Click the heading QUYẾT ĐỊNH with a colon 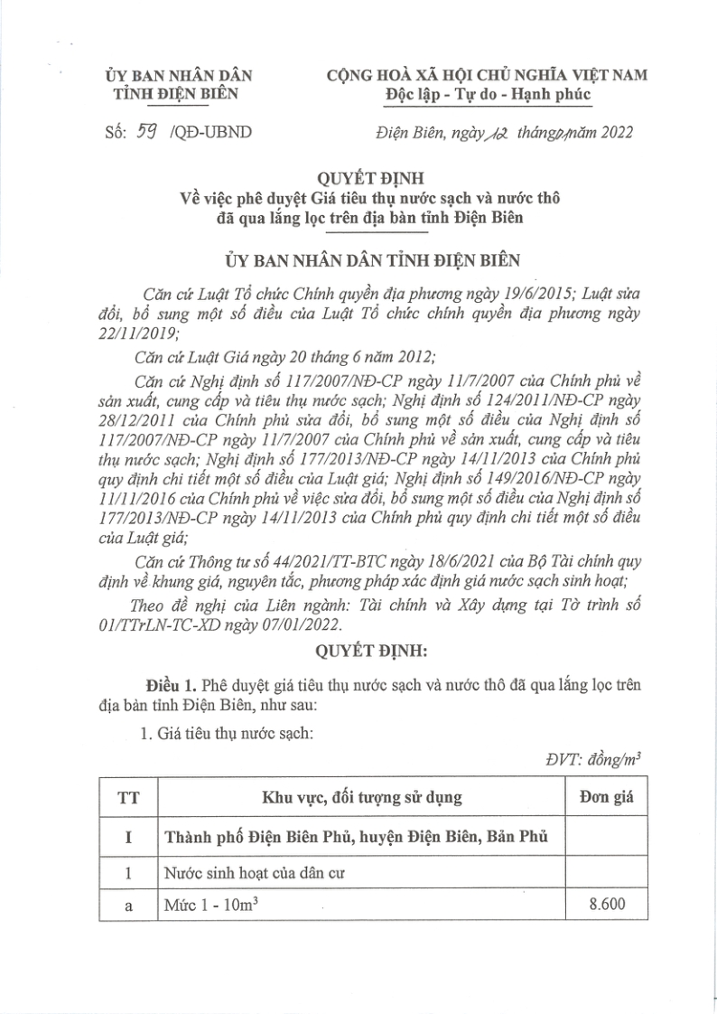[x=358, y=650]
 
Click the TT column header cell [x=127, y=797]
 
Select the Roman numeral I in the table [x=127, y=837]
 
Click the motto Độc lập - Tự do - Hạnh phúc [x=487, y=94]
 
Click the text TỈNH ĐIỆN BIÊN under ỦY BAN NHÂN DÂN [x=179, y=94]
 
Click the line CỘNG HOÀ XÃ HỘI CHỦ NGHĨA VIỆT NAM [x=487, y=75]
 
